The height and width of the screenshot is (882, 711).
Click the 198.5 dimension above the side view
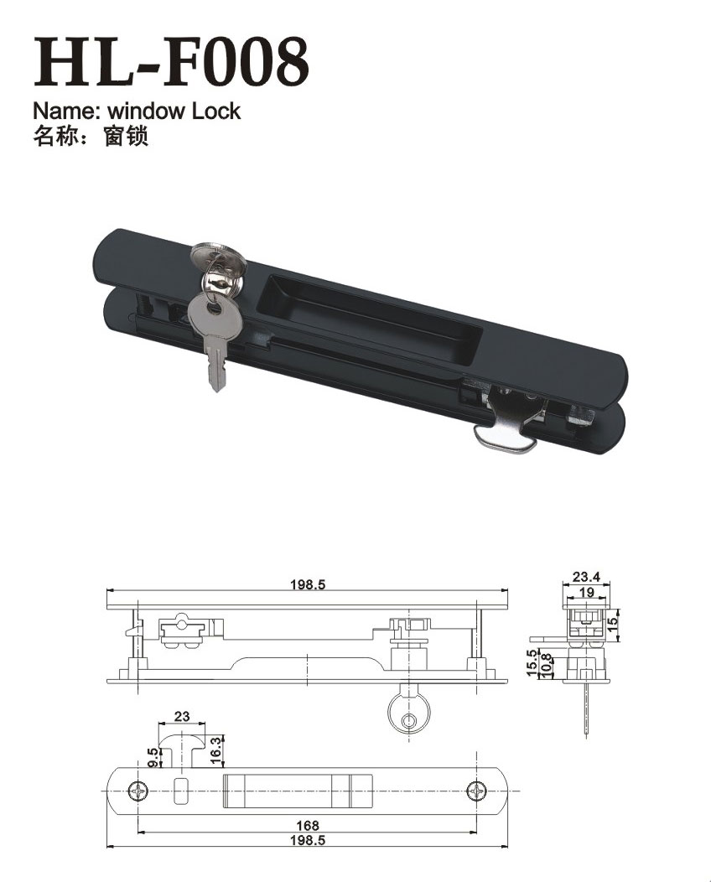coord(308,585)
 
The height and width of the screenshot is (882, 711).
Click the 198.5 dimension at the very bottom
coord(308,840)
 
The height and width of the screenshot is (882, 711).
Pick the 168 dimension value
coord(308,826)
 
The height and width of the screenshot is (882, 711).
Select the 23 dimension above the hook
coord(182,717)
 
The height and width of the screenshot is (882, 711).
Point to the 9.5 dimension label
coord(153,757)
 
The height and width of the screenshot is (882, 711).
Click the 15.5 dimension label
coord(532,662)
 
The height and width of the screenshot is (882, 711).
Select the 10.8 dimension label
coord(547,665)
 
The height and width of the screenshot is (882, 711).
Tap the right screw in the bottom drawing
coord(478,790)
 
